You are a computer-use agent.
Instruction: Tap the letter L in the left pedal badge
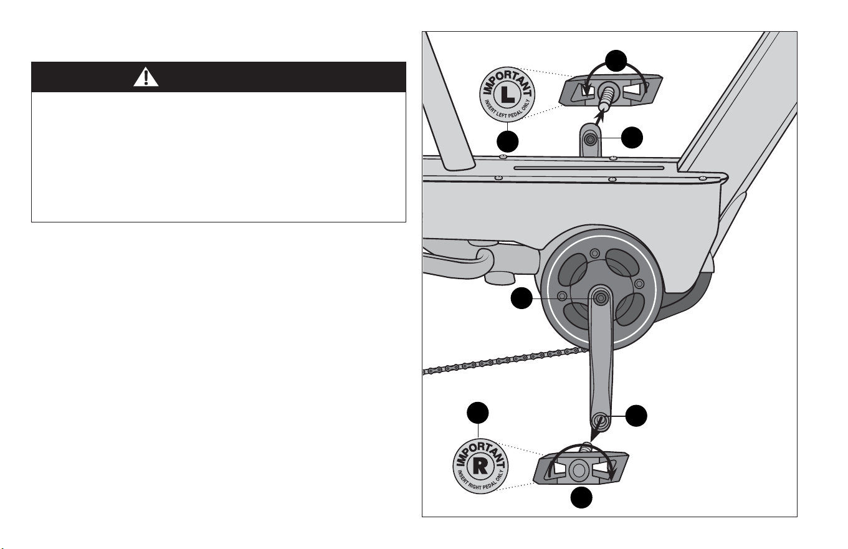click(507, 95)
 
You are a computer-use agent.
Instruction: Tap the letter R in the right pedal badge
click(480, 467)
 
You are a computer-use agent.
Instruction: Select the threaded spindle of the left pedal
click(606, 97)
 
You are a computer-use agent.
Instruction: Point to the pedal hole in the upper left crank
click(590, 140)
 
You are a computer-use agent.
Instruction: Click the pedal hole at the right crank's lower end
click(600, 420)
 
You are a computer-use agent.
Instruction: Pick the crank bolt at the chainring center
click(600, 298)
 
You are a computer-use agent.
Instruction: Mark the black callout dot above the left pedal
click(616, 60)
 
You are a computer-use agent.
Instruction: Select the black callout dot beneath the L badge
click(507, 141)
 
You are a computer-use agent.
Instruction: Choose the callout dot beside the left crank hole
click(632, 138)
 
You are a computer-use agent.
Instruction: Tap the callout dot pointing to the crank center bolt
click(522, 298)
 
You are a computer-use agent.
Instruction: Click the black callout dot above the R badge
click(478, 413)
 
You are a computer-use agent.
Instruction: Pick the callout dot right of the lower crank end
click(636, 416)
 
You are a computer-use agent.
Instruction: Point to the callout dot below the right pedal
click(581, 497)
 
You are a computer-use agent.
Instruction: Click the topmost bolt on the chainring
click(595, 253)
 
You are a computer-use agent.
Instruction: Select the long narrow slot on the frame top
click(589, 168)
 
